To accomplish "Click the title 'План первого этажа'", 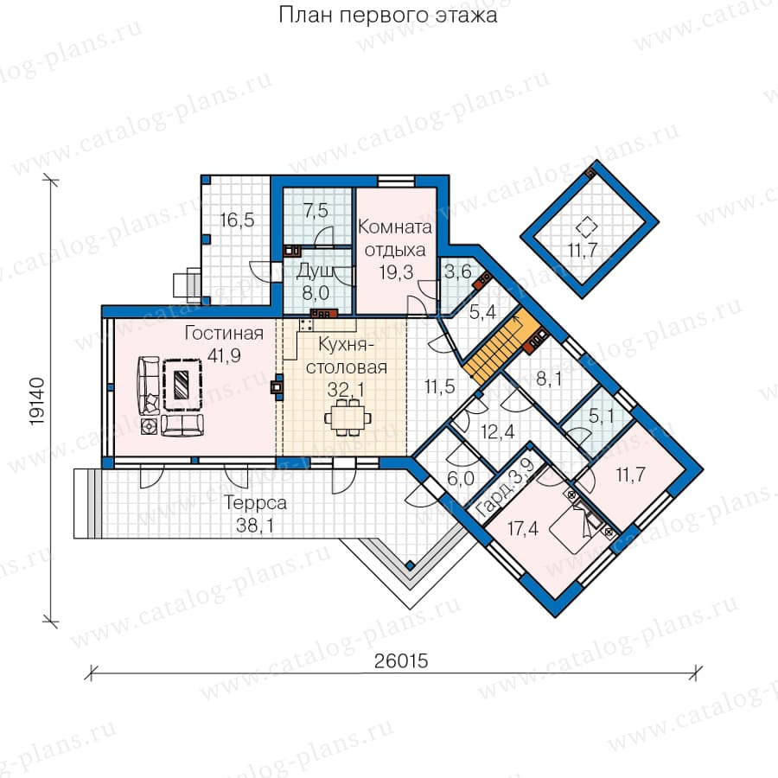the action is [x=387, y=15].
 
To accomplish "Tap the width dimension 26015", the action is [x=401, y=661].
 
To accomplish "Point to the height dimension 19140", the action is [x=37, y=401].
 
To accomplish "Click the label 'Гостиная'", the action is [x=224, y=333].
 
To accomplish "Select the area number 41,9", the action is [x=224, y=355].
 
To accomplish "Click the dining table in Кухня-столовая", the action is [x=348, y=418].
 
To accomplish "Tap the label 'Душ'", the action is [x=316, y=271].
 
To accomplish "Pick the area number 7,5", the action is [x=316, y=210].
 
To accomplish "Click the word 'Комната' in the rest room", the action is [x=395, y=226].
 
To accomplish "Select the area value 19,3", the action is [x=397, y=272].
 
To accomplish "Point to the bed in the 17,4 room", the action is [x=583, y=515].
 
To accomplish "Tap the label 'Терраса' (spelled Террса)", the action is [x=255, y=502].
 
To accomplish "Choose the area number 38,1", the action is [x=255, y=525].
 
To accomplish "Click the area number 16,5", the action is [x=237, y=220].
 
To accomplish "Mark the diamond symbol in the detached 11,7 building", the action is [x=586, y=226].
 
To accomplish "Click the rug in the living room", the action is [x=182, y=385].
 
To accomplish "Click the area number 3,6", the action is [x=457, y=272].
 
